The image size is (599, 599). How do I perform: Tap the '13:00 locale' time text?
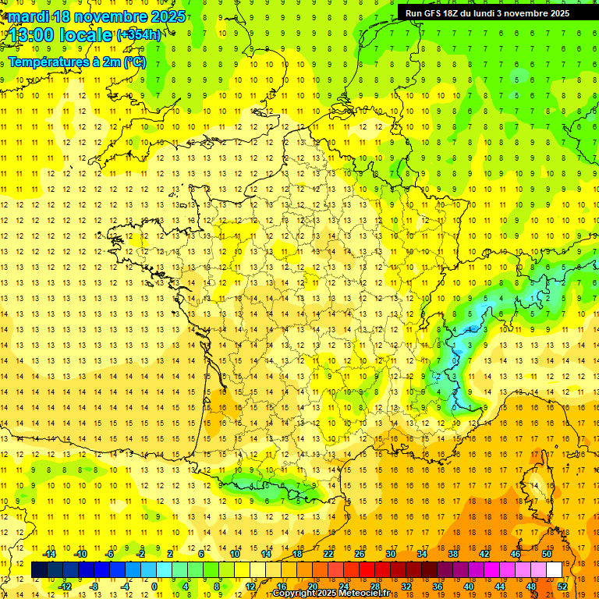60,34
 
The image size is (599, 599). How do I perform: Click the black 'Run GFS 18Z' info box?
497,12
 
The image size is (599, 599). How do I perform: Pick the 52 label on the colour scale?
562,587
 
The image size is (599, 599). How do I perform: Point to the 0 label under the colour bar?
154,587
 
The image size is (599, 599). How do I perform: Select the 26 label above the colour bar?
360,554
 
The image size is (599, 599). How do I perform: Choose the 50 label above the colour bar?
547,554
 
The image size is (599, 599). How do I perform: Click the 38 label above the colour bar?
453,554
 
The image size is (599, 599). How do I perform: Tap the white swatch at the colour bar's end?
554,570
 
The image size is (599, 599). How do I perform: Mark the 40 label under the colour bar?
469,587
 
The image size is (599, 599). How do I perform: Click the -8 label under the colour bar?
94,587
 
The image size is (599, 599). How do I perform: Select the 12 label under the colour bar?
250,587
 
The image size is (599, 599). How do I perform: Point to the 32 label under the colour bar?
406,587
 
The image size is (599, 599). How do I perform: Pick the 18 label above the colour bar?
297,554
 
